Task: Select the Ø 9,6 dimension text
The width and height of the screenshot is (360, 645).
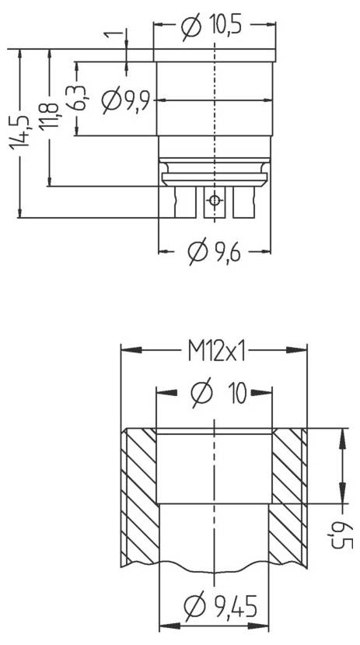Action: (x=213, y=251)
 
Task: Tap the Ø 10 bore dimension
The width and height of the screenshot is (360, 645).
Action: (x=218, y=394)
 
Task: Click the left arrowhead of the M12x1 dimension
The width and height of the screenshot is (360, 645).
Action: (x=127, y=351)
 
